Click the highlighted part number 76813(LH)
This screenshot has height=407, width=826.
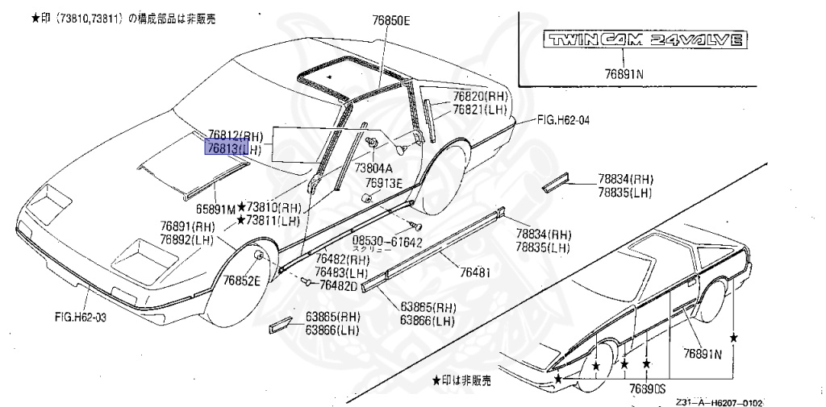(234, 149)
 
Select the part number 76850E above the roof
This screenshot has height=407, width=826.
(391, 21)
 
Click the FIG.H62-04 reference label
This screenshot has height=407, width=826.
(563, 120)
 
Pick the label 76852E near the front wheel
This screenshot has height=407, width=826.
(242, 280)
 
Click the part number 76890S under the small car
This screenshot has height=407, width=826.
(643, 388)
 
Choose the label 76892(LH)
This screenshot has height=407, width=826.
(186, 239)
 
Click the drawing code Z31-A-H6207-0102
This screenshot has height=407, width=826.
(720, 402)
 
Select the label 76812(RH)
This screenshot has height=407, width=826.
(235, 135)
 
